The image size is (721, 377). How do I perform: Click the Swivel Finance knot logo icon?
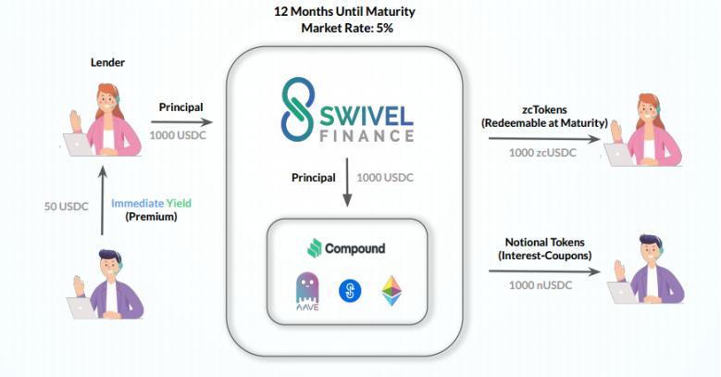(x=298, y=109)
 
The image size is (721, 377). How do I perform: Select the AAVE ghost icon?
(x=307, y=292)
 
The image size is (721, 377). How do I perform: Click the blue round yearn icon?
(x=350, y=291)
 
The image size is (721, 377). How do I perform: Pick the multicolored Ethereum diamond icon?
(x=392, y=291)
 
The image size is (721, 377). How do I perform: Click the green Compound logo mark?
(x=314, y=248)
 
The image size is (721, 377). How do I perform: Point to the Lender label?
(x=107, y=63)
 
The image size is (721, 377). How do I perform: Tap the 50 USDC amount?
(x=67, y=207)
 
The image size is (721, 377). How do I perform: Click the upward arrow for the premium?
(x=103, y=200)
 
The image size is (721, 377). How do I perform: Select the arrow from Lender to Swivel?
(x=181, y=122)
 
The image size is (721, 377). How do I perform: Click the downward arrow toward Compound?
(x=347, y=182)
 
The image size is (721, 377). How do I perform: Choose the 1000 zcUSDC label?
(x=542, y=153)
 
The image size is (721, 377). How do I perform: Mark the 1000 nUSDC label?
(x=541, y=285)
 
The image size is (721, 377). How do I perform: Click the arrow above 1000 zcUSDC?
(x=544, y=139)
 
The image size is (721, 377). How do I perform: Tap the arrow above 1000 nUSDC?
(x=544, y=271)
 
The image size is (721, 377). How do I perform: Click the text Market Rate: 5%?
(x=347, y=28)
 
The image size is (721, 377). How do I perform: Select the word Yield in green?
(x=179, y=203)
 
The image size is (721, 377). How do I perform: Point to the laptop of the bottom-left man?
(x=81, y=308)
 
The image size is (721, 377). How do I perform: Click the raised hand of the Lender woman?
(x=75, y=120)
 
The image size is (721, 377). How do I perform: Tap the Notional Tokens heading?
(x=545, y=242)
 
